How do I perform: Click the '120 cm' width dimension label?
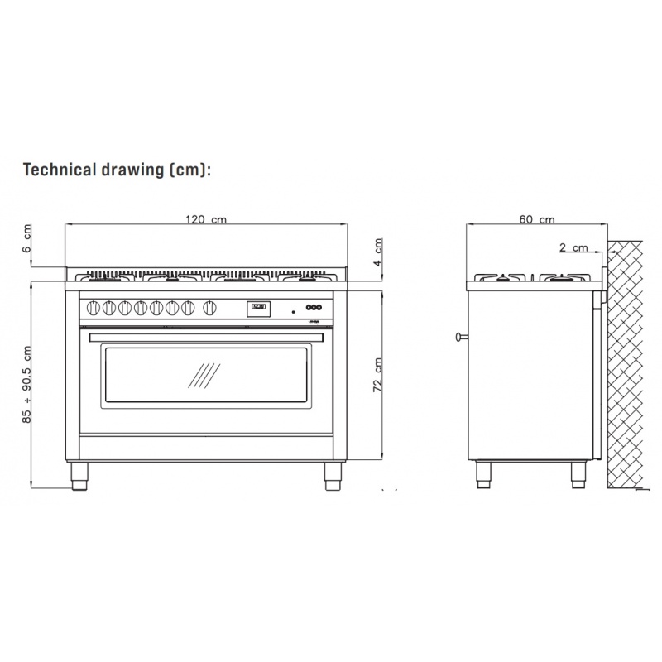(205, 219)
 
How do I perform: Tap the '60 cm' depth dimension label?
(536, 219)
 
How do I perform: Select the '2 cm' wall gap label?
(573, 247)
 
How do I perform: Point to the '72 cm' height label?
(377, 375)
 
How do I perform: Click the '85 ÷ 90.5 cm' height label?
(28, 385)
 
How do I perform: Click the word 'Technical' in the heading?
(66, 170)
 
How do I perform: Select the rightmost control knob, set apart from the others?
(210, 308)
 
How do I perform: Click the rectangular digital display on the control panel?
(258, 308)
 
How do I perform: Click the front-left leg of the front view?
(80, 475)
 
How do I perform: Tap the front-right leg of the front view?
(332, 475)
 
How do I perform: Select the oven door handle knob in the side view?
(458, 336)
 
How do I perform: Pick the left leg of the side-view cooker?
(482, 473)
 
